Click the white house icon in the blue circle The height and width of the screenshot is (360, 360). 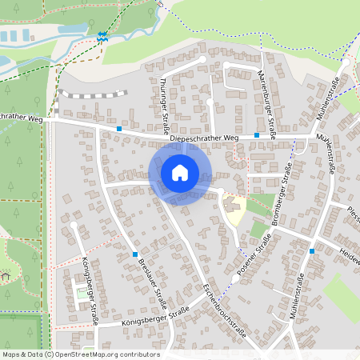tap(180, 172)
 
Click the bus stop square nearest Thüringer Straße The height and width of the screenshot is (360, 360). tap(119, 128)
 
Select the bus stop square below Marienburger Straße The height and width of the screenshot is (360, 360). tap(257, 135)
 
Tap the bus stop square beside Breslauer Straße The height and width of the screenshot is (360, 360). tap(134, 254)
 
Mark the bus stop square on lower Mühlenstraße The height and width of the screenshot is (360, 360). tap(312, 251)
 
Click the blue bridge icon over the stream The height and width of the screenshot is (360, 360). tap(102, 35)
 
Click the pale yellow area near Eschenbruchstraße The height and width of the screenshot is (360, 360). tap(234, 210)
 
